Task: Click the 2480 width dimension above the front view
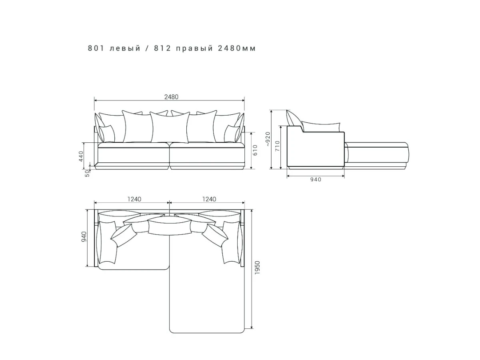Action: click(x=171, y=97)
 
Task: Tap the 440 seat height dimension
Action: click(x=81, y=156)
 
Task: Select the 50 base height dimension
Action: click(x=87, y=173)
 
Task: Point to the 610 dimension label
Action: click(x=255, y=150)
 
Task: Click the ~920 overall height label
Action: click(x=268, y=139)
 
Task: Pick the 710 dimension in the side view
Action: click(x=277, y=146)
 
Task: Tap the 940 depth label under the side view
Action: click(x=316, y=180)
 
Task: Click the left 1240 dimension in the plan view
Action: click(x=134, y=199)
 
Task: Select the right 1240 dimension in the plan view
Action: click(x=209, y=199)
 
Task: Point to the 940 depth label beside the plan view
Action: click(x=84, y=237)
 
